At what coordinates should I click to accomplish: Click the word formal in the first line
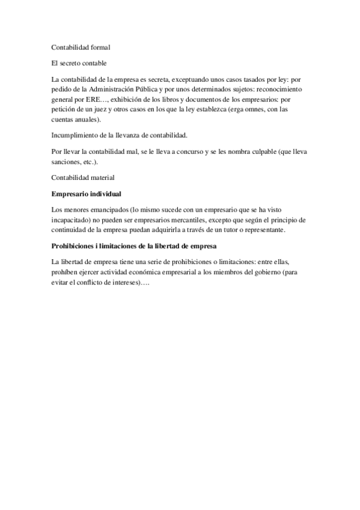(x=100, y=46)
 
